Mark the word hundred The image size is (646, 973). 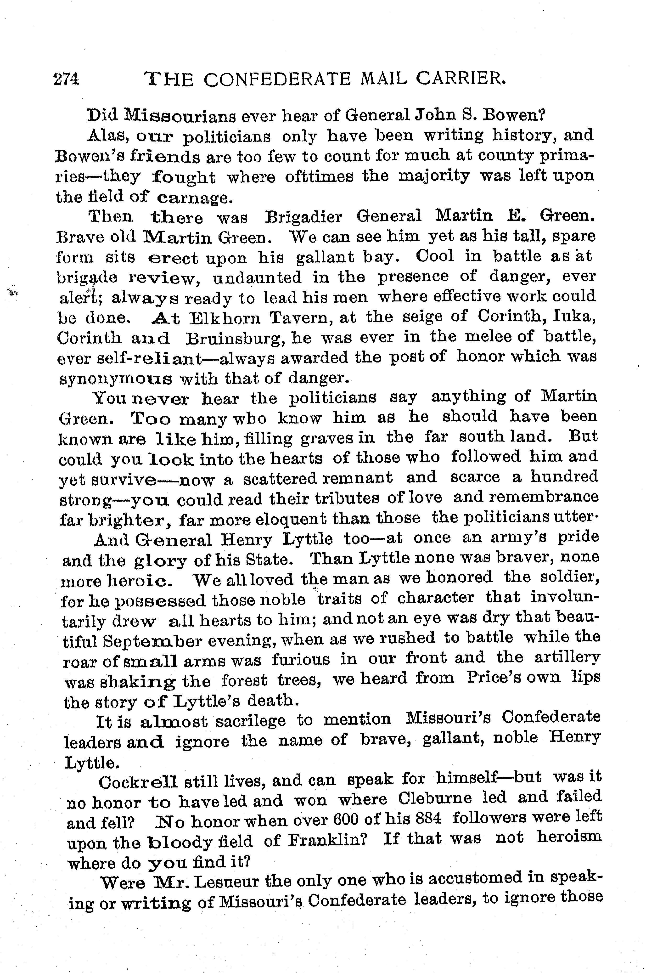tap(564, 477)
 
